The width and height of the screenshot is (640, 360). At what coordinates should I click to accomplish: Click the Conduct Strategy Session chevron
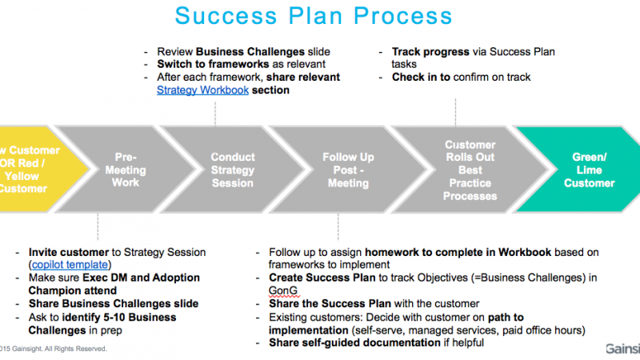[x=233, y=170]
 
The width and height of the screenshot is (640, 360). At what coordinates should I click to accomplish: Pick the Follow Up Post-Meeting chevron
[x=347, y=170]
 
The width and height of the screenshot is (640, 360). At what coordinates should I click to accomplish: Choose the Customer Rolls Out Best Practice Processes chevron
[x=470, y=170]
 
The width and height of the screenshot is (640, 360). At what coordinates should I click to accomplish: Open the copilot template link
[x=70, y=264]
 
